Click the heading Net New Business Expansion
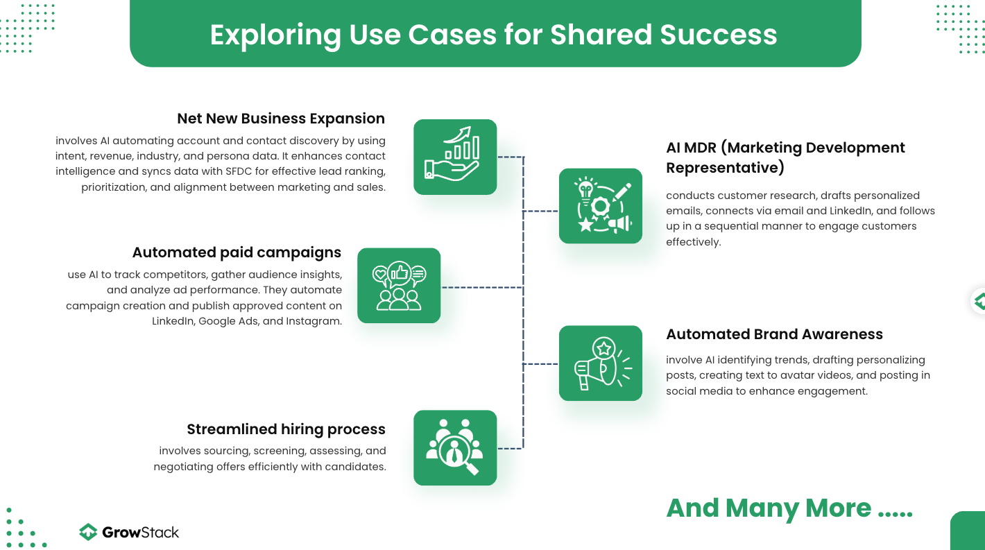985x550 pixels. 281,119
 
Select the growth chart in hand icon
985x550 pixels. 455,157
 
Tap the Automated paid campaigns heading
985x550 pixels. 237,252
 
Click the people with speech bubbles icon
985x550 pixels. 399,286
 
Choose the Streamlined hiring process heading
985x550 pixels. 286,429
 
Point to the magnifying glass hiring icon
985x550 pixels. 455,448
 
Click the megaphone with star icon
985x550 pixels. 601,363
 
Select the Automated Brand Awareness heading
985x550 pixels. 774,334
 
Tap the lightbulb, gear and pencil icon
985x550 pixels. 601,206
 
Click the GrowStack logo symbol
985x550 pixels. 88,532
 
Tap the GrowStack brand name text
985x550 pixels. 141,533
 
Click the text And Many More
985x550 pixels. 769,508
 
